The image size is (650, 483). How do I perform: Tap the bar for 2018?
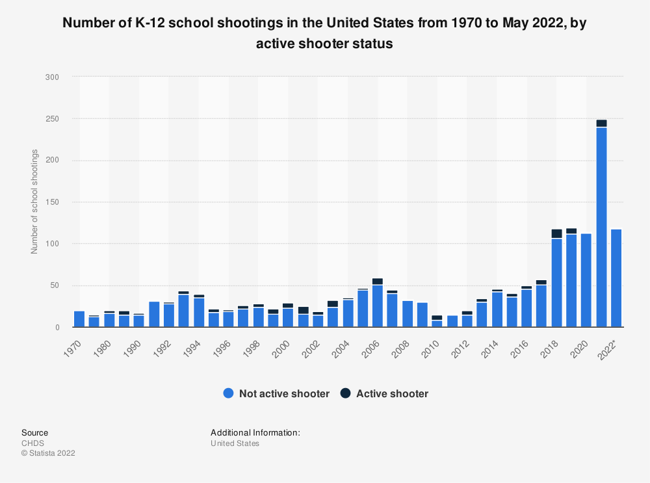[556, 280]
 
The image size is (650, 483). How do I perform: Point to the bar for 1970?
[79, 319]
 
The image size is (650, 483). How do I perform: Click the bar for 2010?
[437, 322]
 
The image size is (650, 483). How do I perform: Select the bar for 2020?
[586, 280]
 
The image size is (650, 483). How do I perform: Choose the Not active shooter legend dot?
[227, 393]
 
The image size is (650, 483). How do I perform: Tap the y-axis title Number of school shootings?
[34, 202]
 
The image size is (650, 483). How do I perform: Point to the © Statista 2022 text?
[48, 453]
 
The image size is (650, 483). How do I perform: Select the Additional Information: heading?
[255, 432]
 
